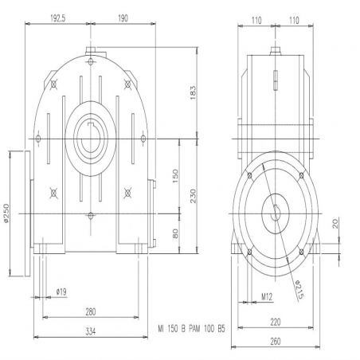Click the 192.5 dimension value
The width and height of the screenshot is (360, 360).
[x=58, y=18]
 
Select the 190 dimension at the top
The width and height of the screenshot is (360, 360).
[x=123, y=18]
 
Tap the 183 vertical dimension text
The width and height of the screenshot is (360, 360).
[x=193, y=92]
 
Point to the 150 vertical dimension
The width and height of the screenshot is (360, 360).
[x=175, y=176]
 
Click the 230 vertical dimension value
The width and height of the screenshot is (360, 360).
[x=193, y=196]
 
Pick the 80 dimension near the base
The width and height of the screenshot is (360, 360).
[x=175, y=233]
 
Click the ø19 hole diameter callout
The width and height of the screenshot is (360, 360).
[x=61, y=292]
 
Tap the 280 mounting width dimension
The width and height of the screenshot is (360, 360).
[x=91, y=311]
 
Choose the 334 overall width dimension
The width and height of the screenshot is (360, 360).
[x=91, y=331]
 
